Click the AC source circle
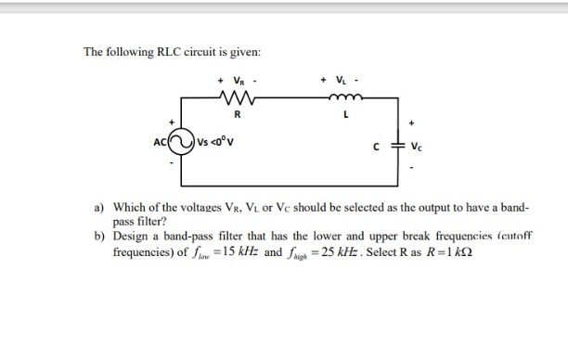click(184, 142)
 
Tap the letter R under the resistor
click(235, 116)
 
